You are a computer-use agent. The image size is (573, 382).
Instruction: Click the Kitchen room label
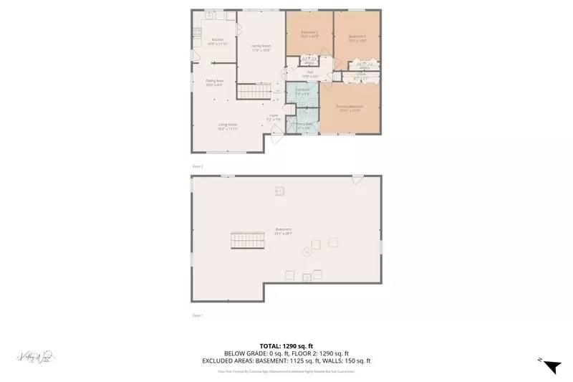[217, 41]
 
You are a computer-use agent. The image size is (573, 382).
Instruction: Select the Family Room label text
[260, 48]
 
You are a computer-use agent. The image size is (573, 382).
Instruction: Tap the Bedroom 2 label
[309, 34]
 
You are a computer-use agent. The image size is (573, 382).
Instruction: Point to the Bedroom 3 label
[357, 37]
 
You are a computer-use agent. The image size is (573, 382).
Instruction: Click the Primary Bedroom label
[350, 108]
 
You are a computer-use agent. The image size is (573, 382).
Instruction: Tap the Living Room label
[228, 126]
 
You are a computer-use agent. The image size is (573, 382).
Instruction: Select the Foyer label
[274, 116]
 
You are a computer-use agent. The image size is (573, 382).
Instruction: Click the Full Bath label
[302, 91]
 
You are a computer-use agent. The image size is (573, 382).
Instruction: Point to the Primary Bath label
[303, 126]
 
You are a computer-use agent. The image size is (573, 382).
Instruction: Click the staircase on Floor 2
[251, 92]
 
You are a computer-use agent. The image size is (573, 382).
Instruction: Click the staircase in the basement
[247, 242]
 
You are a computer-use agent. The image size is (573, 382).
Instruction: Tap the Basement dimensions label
[286, 233]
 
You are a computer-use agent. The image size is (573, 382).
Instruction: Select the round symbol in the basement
[306, 252]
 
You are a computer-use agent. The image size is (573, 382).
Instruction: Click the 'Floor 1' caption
[198, 315]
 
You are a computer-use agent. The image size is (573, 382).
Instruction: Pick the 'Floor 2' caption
[198, 166]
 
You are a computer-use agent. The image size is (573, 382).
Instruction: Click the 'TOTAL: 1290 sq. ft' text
[286, 345]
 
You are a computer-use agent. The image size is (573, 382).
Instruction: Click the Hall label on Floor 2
[311, 72]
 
